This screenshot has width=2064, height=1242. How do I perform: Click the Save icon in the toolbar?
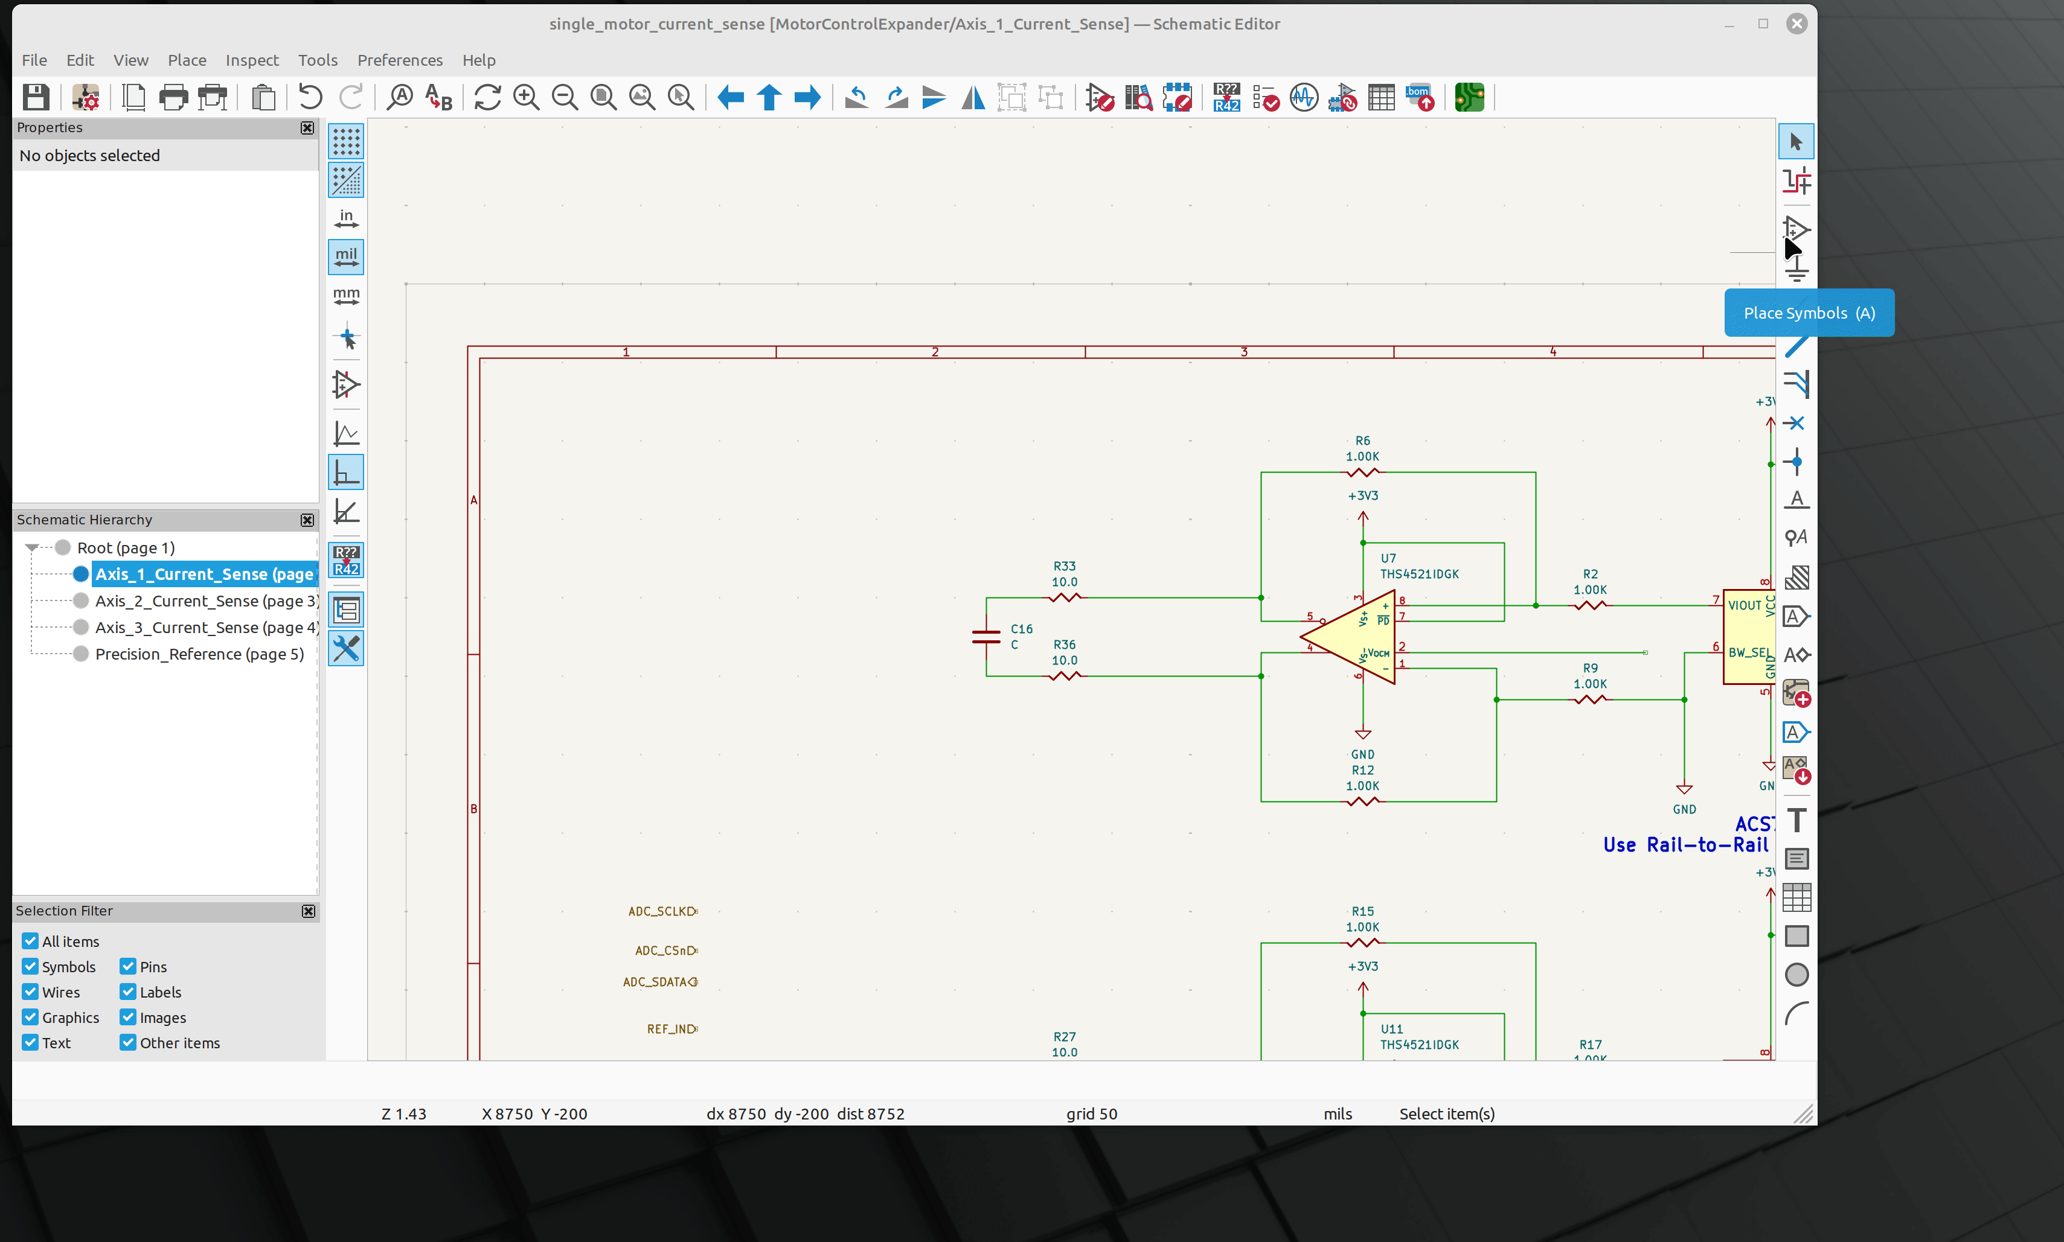point(35,98)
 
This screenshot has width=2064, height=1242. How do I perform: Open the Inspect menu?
point(251,60)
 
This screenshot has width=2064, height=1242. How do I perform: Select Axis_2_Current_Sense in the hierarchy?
point(206,601)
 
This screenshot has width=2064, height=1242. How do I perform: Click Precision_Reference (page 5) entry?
point(199,654)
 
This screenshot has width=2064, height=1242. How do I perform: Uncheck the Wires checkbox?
point(31,992)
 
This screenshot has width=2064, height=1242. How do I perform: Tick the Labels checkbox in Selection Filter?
point(128,992)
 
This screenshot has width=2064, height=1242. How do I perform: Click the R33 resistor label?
point(1064,567)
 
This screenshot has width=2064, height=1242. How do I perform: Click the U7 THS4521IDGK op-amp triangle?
point(1348,638)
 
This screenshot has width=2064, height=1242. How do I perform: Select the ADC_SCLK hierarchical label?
point(661,911)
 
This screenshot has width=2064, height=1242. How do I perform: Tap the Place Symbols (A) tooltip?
point(1809,313)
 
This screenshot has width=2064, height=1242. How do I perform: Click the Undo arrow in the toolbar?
point(310,98)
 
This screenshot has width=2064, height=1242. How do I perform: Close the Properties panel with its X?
point(307,128)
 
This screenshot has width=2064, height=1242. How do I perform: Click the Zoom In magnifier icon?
point(526,98)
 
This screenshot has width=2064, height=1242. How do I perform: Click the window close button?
point(1796,24)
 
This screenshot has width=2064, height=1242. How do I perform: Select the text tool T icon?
point(1796,820)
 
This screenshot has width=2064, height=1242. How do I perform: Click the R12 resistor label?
point(1362,770)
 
